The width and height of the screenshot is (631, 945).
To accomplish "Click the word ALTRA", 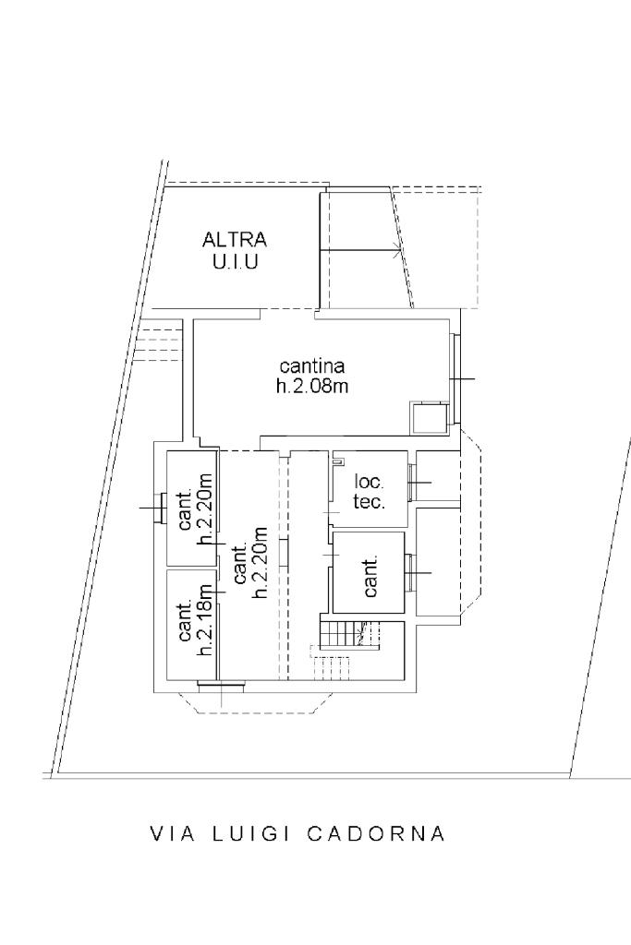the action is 235,239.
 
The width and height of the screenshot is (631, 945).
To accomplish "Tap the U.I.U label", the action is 235,262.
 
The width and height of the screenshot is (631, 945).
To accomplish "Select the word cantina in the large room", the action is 312,365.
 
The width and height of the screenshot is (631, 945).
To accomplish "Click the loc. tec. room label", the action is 370,491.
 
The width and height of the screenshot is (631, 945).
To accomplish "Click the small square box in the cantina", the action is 429,418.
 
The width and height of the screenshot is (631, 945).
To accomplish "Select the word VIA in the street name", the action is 173,833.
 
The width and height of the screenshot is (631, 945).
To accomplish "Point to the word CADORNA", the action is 376,833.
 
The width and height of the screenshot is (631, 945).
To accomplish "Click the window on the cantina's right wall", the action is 455,378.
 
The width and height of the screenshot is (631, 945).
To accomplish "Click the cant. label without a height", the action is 371,576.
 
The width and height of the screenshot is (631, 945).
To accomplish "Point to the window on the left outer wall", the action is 160,508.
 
